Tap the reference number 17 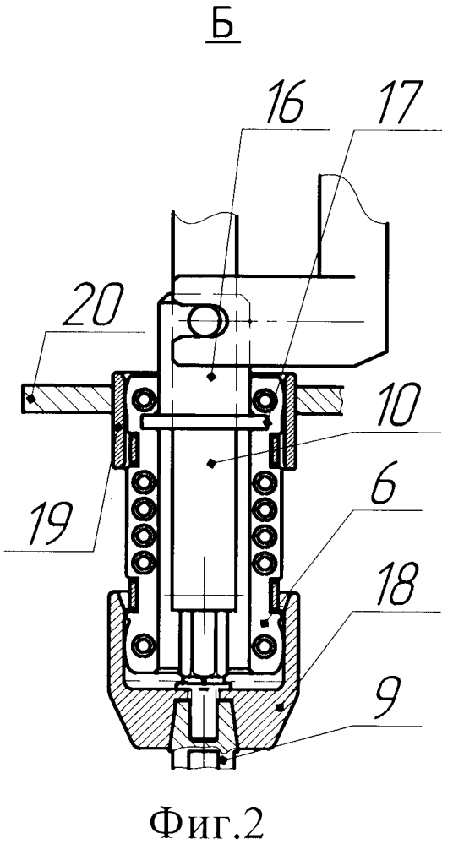click(x=383, y=105)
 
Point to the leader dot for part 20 click(x=32, y=399)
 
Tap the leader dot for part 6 click(x=262, y=623)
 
